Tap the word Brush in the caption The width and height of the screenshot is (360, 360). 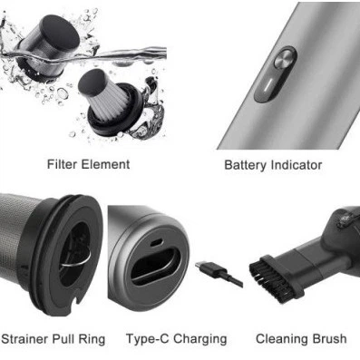pyautogui.click(x=328, y=338)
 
